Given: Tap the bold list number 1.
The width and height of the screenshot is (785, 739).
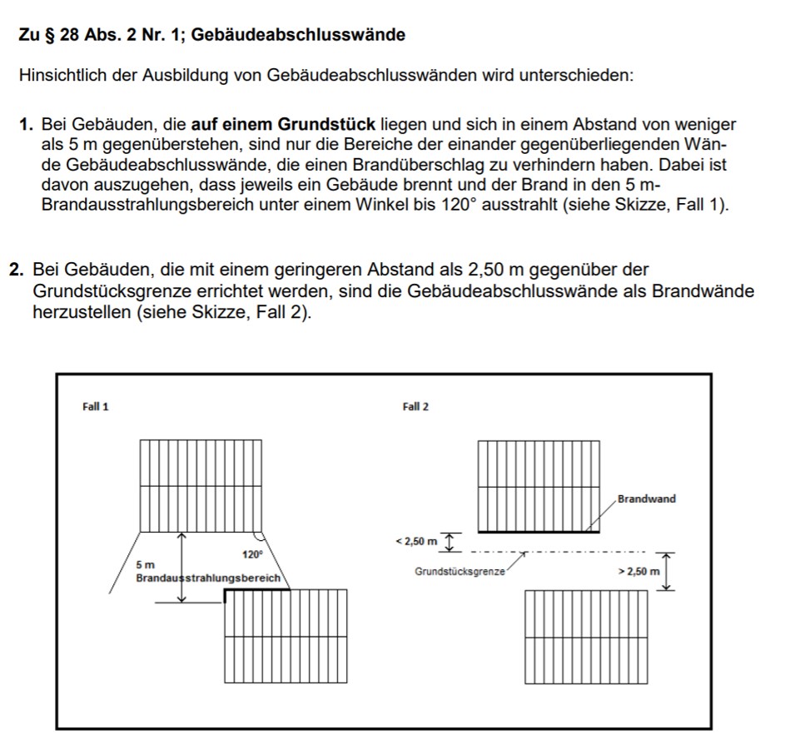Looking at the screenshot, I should pos(26,126).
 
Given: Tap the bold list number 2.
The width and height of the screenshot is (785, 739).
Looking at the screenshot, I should pos(16,270).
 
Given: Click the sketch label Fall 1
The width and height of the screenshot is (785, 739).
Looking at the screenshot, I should pos(95,407).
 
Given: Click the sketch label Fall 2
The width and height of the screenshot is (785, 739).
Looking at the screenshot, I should pos(415,407).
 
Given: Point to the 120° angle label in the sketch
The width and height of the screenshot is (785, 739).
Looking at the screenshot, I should pos(252,553).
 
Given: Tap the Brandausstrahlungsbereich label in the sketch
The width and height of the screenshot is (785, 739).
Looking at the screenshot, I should pos(208,577).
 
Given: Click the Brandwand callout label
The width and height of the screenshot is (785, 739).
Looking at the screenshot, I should pos(647,499).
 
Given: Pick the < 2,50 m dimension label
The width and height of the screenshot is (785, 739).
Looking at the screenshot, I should pos(415,542).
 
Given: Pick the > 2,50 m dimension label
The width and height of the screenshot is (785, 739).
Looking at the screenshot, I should pos(638,572).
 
